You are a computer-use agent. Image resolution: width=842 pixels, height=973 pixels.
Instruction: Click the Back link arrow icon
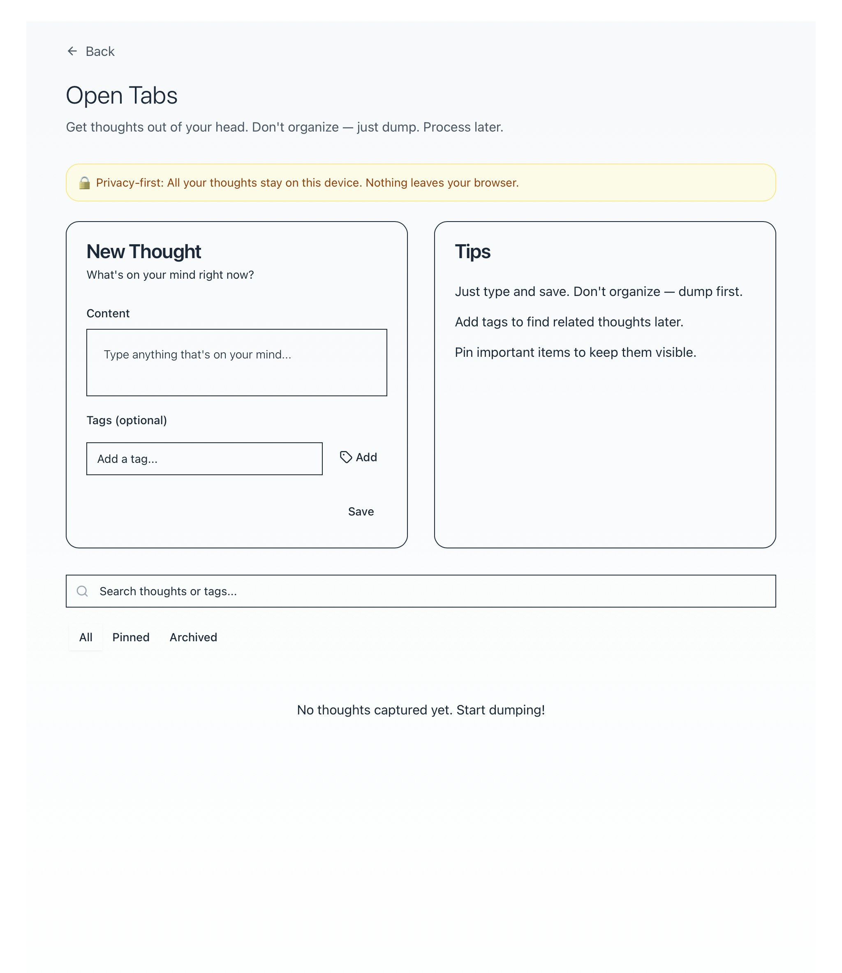(x=72, y=51)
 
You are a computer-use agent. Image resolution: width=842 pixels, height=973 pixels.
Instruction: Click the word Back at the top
(x=99, y=51)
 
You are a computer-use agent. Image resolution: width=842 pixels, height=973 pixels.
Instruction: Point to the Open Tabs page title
(x=122, y=95)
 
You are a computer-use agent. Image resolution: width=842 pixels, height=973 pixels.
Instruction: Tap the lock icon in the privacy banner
(x=85, y=183)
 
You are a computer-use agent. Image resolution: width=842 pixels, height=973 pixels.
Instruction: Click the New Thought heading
(x=144, y=252)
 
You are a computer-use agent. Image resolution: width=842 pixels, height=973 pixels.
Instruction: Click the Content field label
(x=108, y=313)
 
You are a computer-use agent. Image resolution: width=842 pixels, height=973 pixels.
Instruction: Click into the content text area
(x=236, y=362)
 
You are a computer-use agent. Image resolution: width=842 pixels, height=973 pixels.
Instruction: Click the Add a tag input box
(x=204, y=458)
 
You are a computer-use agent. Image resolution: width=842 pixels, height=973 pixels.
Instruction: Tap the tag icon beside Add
(x=346, y=457)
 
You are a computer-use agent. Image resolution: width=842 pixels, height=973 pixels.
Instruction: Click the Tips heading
(x=473, y=252)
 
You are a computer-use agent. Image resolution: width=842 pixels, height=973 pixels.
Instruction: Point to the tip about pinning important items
(x=575, y=352)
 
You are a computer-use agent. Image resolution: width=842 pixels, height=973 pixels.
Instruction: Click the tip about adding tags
(x=569, y=322)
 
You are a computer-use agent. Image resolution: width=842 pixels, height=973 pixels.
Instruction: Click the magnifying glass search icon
(x=82, y=591)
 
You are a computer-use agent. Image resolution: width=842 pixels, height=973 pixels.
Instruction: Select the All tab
(x=86, y=637)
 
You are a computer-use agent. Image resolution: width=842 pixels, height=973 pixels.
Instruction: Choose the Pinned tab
(x=131, y=637)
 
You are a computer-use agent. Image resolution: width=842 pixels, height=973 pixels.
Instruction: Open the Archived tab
(x=193, y=637)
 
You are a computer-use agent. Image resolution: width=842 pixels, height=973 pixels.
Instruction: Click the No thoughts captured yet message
(x=421, y=710)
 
